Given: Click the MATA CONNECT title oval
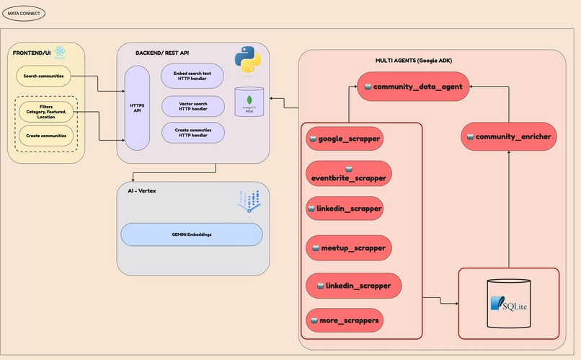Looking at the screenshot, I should (x=24, y=14).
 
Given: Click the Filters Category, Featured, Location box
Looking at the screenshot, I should (x=46, y=113).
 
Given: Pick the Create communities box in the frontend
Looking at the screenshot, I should (x=46, y=135).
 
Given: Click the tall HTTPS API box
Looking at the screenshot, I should (x=136, y=107).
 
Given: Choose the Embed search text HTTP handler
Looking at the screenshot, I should (x=192, y=76).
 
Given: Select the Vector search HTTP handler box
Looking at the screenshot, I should (x=192, y=106).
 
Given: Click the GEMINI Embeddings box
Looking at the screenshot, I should (x=191, y=234).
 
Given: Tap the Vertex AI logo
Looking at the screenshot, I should (x=249, y=202).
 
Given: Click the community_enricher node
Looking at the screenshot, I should (x=510, y=136).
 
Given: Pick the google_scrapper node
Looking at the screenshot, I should (x=345, y=139).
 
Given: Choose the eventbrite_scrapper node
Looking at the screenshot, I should (x=349, y=173).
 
